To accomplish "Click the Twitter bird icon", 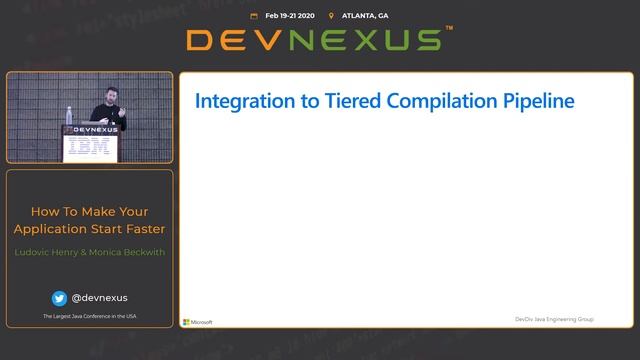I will tap(59, 297).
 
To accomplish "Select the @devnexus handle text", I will tap(99, 297).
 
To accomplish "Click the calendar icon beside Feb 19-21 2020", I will tap(254, 16).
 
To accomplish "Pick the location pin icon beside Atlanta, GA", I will tap(331, 16).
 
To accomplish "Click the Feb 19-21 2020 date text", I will tap(290, 16).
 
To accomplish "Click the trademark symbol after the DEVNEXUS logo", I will tap(449, 31).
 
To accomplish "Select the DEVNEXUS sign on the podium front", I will tap(89, 129).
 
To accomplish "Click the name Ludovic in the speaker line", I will tap(36, 251).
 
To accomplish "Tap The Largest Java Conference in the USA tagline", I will tap(89, 317).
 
